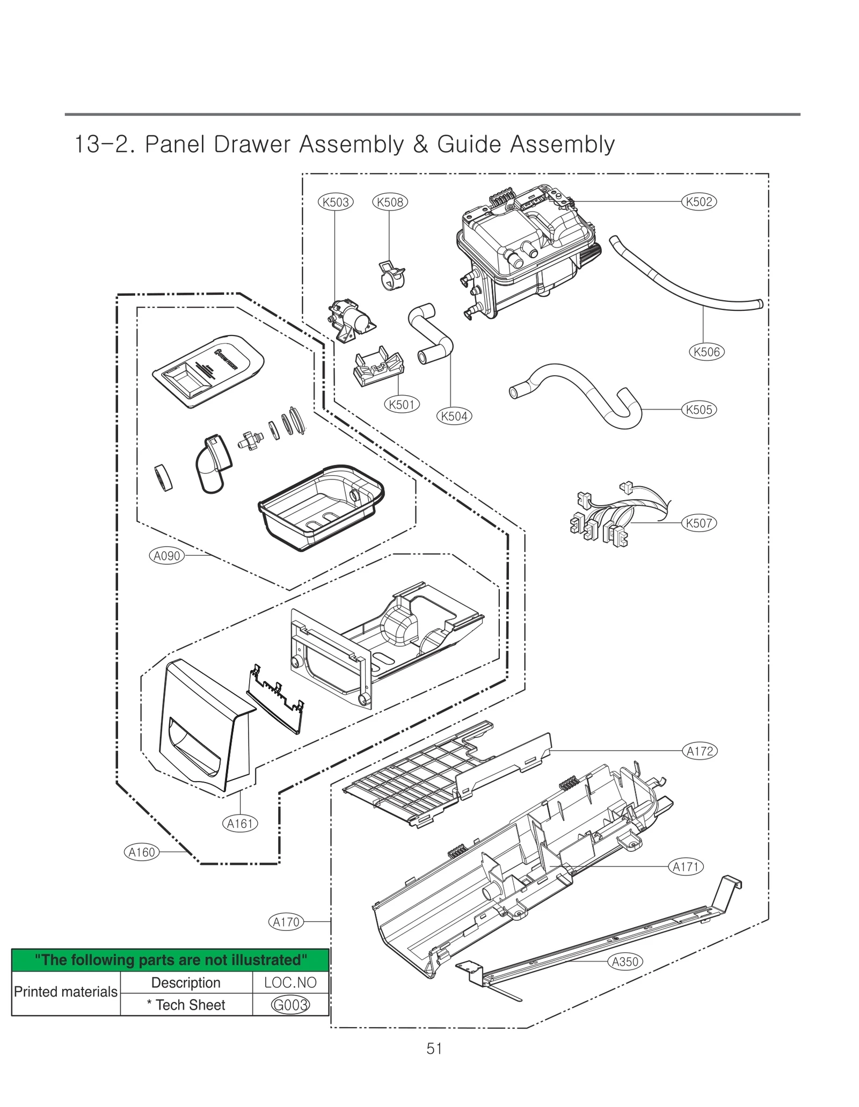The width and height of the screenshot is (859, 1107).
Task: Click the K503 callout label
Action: (336, 202)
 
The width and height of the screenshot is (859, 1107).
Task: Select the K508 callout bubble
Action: (390, 202)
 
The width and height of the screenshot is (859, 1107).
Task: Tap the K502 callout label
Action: (699, 202)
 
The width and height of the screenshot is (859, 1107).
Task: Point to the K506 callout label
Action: (706, 352)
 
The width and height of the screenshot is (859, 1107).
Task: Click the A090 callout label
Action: (166, 556)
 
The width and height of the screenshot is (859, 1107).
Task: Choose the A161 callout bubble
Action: (239, 824)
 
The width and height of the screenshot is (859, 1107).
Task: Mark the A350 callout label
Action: (625, 962)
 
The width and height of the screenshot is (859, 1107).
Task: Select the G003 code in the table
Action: (290, 1004)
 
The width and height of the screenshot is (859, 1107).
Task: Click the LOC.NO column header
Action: (290, 982)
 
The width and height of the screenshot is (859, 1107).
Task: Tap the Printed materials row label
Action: (65, 992)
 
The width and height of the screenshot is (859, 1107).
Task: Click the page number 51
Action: (434, 1048)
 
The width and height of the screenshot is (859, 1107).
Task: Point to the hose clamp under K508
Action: (392, 275)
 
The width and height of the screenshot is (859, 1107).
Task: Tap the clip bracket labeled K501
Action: (378, 367)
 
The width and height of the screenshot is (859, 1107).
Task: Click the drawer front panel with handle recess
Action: (204, 730)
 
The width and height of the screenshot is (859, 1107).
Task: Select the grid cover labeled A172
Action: (429, 773)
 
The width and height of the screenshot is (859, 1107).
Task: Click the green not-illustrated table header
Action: (170, 960)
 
